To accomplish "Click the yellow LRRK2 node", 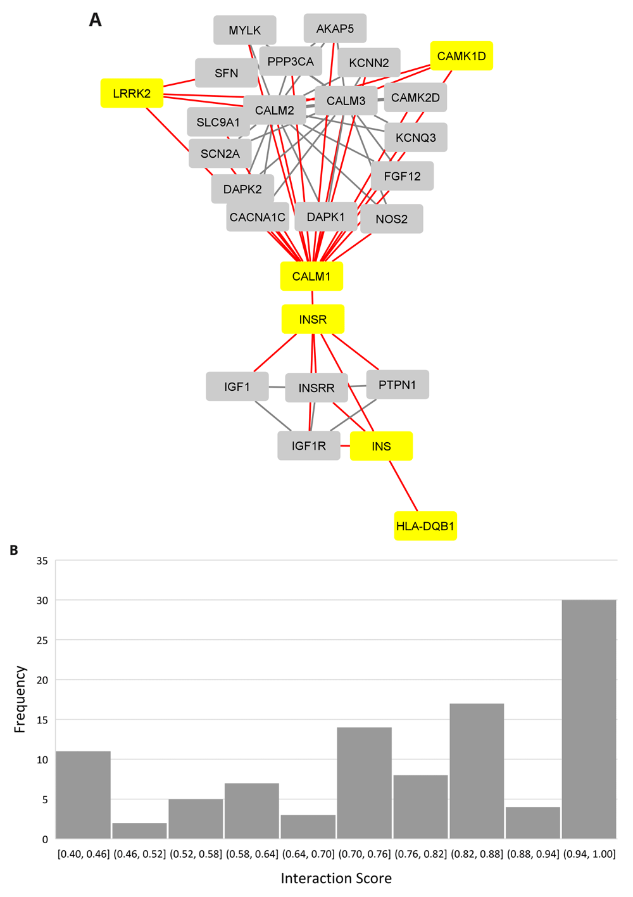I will pyautogui.click(x=132, y=94).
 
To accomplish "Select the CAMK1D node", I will pyautogui.click(x=461, y=56).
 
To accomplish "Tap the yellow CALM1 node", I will pyautogui.click(x=311, y=276).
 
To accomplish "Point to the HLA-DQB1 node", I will pyautogui.click(x=425, y=526).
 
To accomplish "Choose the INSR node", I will pyautogui.click(x=313, y=319).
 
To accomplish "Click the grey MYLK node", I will pyautogui.click(x=244, y=30).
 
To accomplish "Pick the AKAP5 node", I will pyautogui.click(x=335, y=29).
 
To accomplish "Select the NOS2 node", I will pyautogui.click(x=391, y=219).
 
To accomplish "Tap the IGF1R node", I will pyautogui.click(x=309, y=446).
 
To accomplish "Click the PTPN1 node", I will pyautogui.click(x=397, y=385).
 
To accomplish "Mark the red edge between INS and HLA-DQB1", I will pyautogui.click(x=404, y=487).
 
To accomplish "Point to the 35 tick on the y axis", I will pyautogui.click(x=42, y=561).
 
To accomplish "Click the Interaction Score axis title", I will pyautogui.click(x=336, y=878).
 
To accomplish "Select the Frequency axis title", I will pyautogui.click(x=20, y=699).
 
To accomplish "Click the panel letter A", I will pyautogui.click(x=95, y=20).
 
